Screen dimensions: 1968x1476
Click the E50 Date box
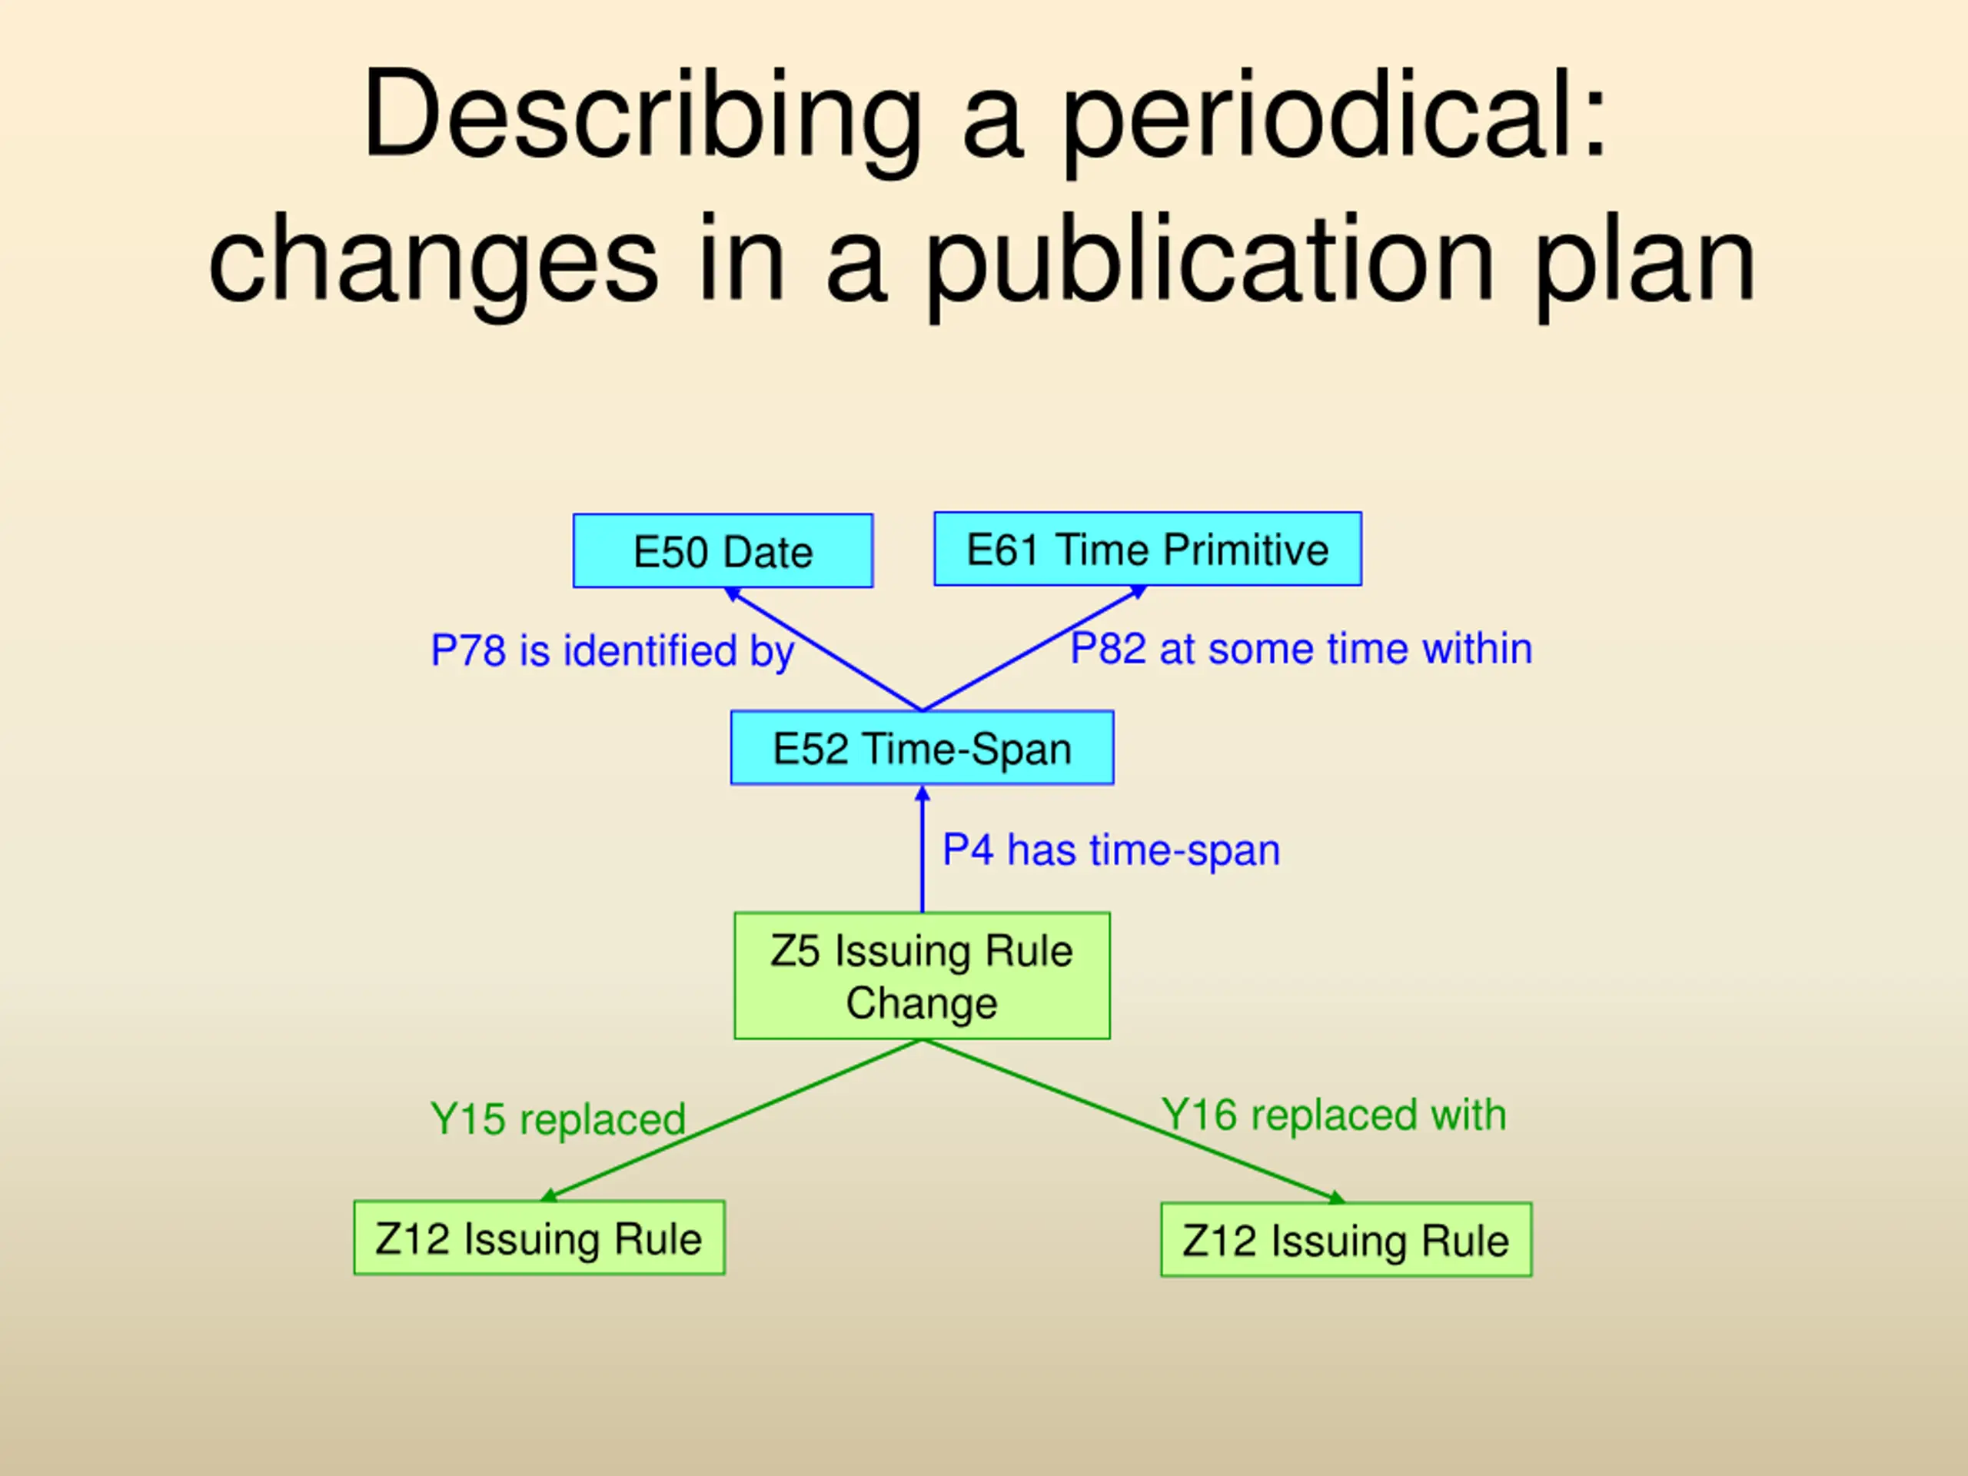pos(723,550)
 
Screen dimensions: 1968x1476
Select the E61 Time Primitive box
pos(1147,549)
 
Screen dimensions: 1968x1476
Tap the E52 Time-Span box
pos(922,747)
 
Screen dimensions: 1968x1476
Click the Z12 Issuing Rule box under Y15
pos(539,1238)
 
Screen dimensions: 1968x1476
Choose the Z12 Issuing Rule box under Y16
pos(1345,1239)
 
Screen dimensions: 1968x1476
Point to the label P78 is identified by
pos(612,650)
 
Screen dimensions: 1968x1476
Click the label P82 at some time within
pos(1301,648)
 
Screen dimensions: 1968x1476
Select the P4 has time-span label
pos(1111,849)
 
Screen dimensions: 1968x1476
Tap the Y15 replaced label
pos(558,1119)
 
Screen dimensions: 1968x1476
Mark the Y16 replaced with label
pos(1334,1114)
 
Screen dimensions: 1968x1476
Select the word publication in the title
pos(1210,262)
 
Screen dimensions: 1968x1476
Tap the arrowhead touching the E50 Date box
pos(732,593)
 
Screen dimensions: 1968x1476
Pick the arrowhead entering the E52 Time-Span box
pos(922,793)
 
